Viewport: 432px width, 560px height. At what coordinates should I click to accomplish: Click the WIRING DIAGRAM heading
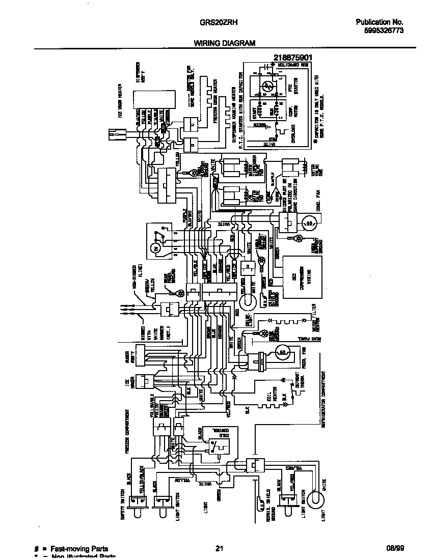pyautogui.click(x=224, y=44)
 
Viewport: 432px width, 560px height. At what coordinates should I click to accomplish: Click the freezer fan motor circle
pyautogui.click(x=282, y=352)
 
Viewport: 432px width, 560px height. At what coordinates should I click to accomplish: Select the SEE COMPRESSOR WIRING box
pyautogui.click(x=303, y=277)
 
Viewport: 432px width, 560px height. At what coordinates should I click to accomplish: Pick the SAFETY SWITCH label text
pyautogui.click(x=129, y=490)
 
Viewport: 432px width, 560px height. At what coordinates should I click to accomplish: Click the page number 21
pyautogui.click(x=219, y=548)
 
